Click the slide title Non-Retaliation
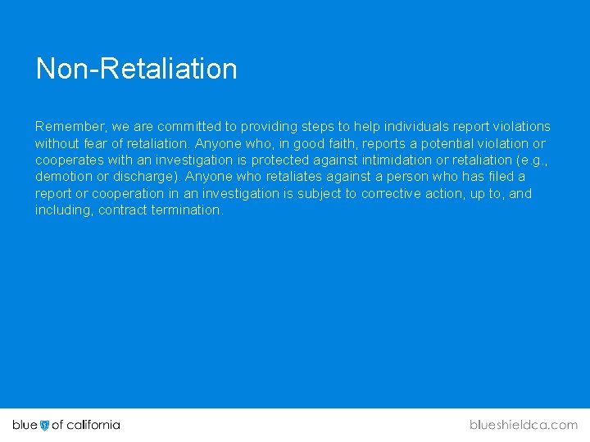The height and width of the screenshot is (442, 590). tap(136, 69)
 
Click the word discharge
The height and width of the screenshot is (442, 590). tap(147, 177)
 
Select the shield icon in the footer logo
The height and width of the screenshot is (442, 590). tap(45, 425)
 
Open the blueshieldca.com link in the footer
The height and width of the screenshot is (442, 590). tap(523, 425)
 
